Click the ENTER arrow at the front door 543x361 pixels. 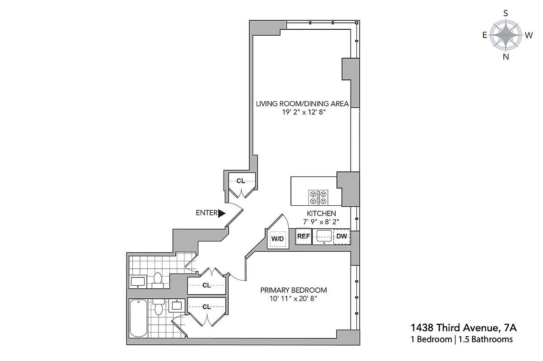(221, 213)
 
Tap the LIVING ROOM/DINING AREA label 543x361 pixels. (302, 104)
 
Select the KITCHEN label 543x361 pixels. (321, 213)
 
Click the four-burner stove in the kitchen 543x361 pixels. (318, 197)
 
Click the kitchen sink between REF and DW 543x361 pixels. (323, 236)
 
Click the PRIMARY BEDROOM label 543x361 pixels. (293, 290)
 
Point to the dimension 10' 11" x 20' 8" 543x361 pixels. (293, 299)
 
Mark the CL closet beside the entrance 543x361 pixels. (241, 181)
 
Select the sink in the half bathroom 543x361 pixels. (137, 282)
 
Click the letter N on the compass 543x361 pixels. (506, 56)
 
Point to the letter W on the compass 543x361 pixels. (528, 35)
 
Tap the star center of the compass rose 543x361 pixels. (506, 35)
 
